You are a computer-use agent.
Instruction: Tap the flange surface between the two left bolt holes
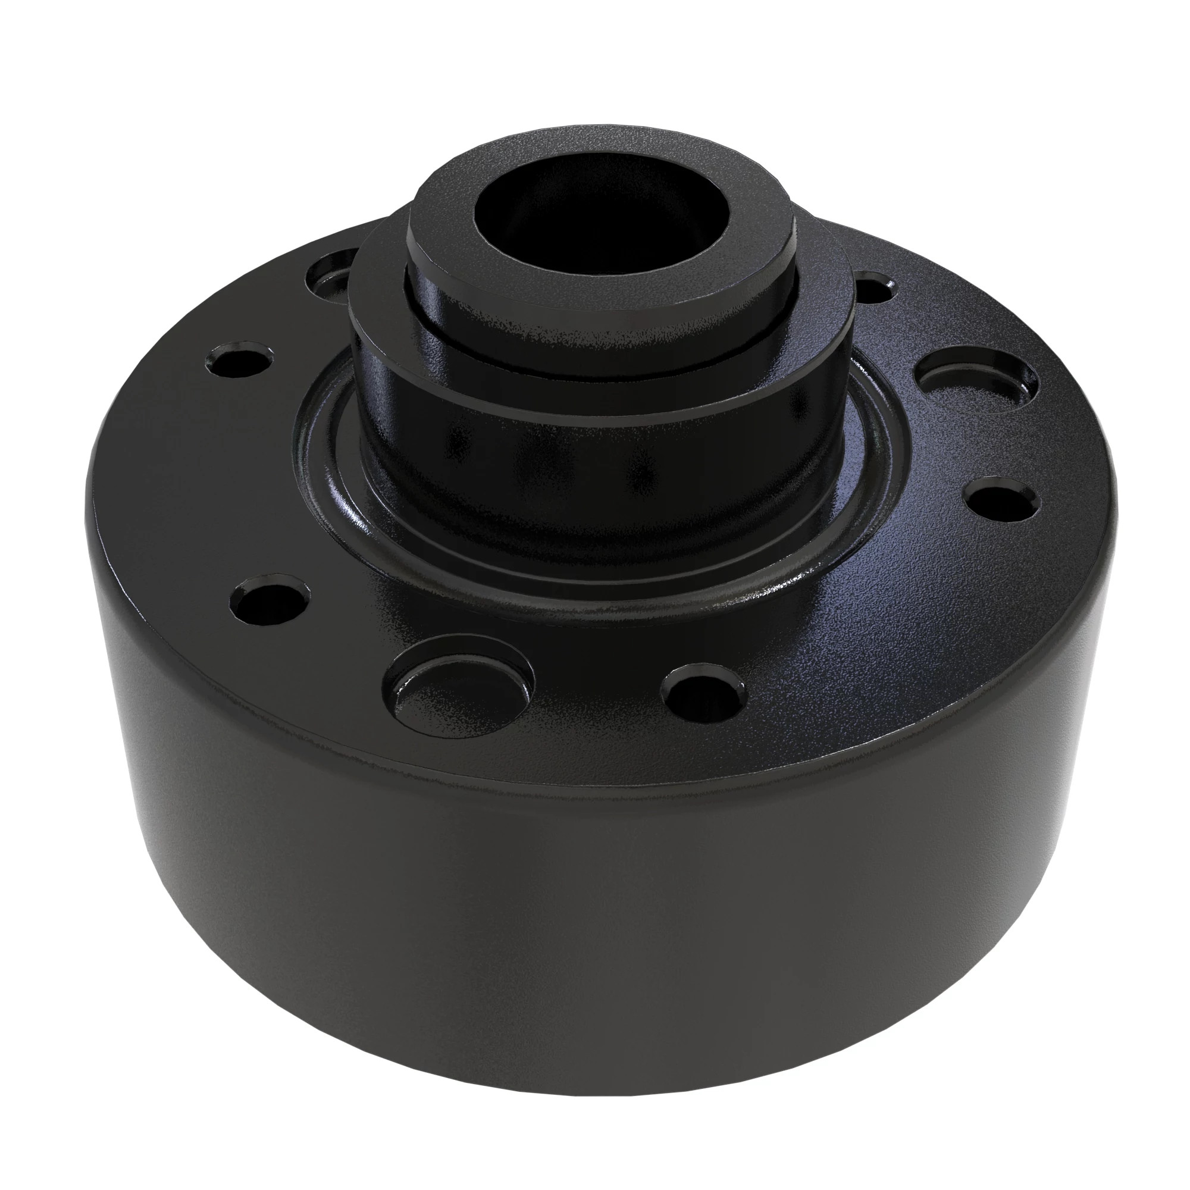click(246, 480)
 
